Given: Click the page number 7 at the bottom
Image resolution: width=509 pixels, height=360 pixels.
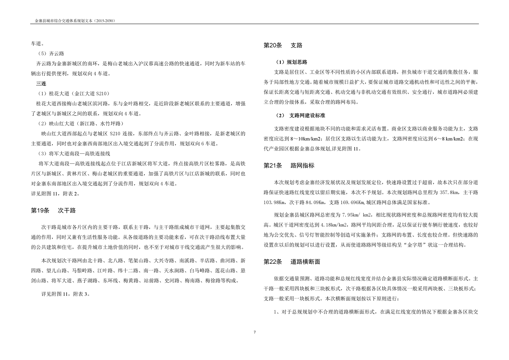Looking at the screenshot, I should (x=255, y=332).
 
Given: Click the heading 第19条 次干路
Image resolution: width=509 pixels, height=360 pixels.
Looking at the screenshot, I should (x=53, y=211).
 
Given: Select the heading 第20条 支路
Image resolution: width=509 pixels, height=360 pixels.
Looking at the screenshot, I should (x=283, y=46).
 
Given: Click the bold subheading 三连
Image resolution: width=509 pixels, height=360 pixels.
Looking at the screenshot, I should (x=41, y=83).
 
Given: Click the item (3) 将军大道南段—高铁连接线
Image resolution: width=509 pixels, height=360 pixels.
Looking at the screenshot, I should (x=74, y=154).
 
